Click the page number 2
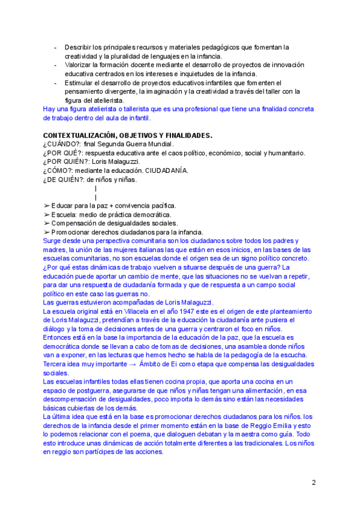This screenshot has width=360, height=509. click(x=313, y=482)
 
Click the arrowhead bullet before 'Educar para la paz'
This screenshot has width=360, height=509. click(x=47, y=206)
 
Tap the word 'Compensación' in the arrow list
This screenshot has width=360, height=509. click(x=74, y=223)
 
